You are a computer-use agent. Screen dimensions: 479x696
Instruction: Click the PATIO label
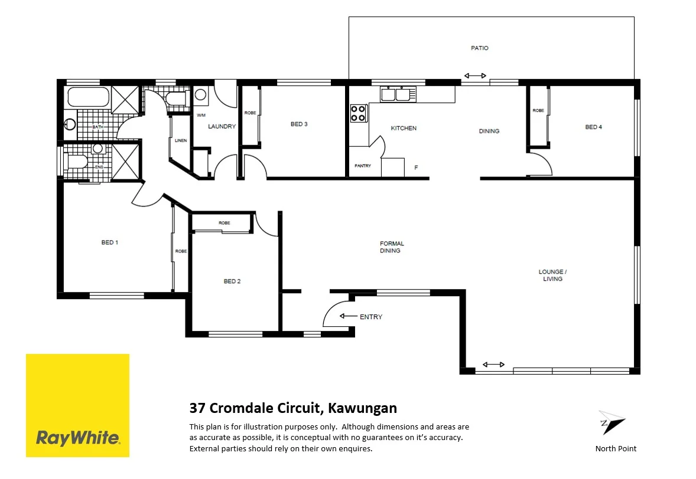[x=479, y=48]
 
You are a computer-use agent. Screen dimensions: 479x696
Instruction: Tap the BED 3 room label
[x=299, y=124]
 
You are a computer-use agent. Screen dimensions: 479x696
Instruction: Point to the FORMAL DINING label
[x=391, y=247]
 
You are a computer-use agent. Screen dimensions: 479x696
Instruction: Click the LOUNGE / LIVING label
[x=552, y=275]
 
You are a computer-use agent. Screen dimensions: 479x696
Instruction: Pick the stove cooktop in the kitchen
[x=359, y=113]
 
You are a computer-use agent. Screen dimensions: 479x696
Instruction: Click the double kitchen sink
[x=398, y=94]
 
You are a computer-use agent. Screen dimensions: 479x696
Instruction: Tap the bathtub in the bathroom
[x=88, y=97]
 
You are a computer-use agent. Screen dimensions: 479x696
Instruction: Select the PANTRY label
[x=363, y=166]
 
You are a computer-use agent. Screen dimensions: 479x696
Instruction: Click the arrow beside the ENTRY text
[x=349, y=317]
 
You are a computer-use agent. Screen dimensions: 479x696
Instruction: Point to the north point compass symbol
[x=611, y=423]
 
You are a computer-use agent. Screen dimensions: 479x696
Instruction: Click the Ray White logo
[x=77, y=405]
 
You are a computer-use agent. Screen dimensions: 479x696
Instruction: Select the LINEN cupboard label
[x=181, y=141]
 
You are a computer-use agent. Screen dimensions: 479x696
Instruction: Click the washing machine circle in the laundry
[x=200, y=94]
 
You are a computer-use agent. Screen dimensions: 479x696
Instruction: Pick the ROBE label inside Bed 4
[x=538, y=111]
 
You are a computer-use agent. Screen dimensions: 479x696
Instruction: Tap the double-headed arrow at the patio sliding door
[x=475, y=76]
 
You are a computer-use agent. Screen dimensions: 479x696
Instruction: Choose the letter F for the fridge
[x=416, y=168]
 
